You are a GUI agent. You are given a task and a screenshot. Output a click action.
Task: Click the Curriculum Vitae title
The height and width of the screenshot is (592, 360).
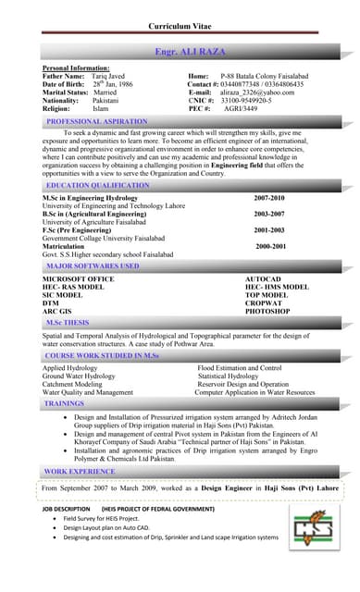click(x=180, y=26)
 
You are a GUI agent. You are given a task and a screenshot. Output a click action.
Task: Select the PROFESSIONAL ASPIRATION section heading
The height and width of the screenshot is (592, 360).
click(x=96, y=121)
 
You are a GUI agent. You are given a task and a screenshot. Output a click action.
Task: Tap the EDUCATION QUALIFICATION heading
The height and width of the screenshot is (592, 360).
click(x=97, y=186)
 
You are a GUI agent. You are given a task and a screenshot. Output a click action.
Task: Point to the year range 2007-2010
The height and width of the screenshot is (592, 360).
click(x=269, y=198)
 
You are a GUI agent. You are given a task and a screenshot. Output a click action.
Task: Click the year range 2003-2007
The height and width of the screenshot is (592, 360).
click(x=269, y=214)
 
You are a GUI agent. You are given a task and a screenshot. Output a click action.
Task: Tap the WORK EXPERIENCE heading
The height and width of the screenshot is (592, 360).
click(x=80, y=471)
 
